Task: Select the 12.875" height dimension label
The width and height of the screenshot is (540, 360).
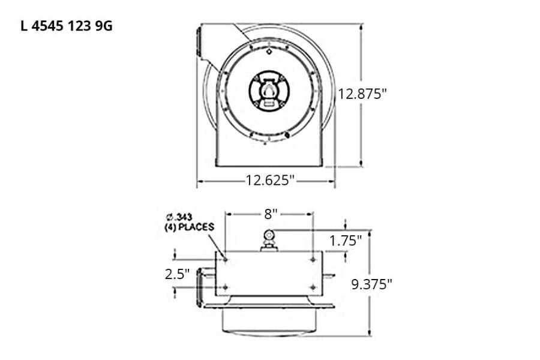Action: point(362,94)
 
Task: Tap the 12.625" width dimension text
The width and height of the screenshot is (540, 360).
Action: point(270,179)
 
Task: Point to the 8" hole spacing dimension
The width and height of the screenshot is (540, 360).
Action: point(271,213)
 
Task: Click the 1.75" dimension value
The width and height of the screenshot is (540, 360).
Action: point(346,241)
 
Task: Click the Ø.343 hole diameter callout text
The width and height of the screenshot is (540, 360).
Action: point(184,217)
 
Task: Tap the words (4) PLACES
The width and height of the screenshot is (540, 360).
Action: point(188,227)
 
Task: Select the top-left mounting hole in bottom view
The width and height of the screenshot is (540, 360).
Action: point(226,259)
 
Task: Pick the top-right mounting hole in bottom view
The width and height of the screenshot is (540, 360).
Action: point(313,259)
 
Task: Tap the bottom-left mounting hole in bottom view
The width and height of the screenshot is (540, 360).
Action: point(226,287)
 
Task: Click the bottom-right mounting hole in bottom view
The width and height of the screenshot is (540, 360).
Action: point(313,287)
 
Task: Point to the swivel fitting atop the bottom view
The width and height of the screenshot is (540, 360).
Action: point(269,237)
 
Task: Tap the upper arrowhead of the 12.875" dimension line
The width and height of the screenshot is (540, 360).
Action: point(361,28)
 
